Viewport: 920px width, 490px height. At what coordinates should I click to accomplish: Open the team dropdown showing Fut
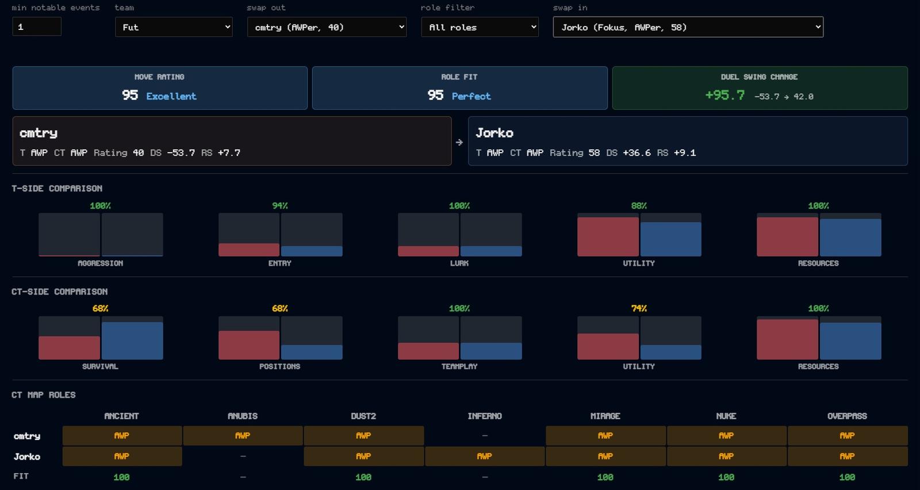point(174,27)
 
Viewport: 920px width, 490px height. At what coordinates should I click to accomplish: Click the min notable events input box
point(37,26)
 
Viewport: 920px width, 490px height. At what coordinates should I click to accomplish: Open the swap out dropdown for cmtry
point(327,27)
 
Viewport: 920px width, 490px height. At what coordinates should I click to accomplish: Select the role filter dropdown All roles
point(480,27)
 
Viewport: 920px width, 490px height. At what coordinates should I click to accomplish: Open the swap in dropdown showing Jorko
point(688,27)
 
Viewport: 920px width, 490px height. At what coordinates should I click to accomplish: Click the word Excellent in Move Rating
point(171,96)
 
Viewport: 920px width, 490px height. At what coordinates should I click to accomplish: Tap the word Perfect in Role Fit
point(471,96)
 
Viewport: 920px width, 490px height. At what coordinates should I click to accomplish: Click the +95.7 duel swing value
point(725,95)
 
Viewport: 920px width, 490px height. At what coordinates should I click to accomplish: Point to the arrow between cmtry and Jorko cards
point(459,142)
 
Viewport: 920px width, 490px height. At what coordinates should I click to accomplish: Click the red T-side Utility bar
point(608,237)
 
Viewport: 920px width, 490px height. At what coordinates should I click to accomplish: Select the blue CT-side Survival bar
point(132,341)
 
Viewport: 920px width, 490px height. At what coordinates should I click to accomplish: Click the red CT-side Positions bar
point(249,345)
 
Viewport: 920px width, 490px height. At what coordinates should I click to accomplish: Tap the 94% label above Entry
point(279,206)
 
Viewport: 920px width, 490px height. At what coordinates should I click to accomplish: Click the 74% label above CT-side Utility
point(639,308)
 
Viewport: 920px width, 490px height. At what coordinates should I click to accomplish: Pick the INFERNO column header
point(485,416)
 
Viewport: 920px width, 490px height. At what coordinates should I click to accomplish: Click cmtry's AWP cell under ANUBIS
point(243,435)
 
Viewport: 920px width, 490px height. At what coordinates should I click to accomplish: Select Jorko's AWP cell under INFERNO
point(485,456)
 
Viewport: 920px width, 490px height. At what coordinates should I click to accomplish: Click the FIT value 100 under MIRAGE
point(605,477)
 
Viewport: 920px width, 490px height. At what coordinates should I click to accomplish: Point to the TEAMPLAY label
point(459,366)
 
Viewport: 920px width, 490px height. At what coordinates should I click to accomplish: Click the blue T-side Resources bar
point(850,238)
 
